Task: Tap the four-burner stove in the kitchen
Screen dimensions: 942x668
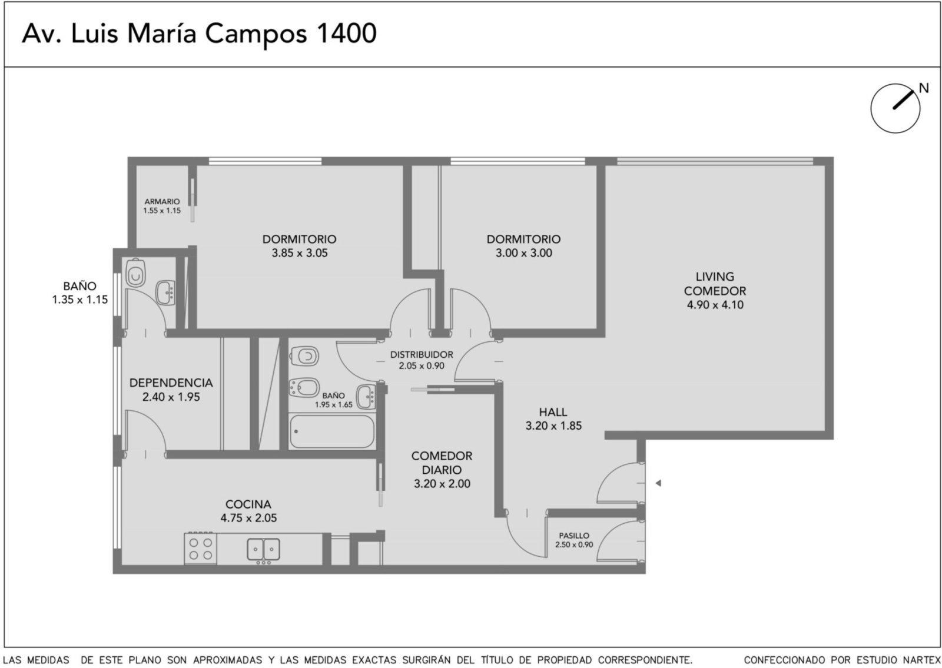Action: (x=201, y=549)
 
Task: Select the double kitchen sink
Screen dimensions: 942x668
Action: (x=263, y=550)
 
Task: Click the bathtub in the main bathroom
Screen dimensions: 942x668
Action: (x=332, y=431)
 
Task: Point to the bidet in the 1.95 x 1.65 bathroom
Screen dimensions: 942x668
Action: (x=304, y=387)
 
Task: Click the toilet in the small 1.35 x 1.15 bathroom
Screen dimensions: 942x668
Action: (x=135, y=273)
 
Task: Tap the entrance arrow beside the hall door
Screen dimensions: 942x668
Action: (x=658, y=483)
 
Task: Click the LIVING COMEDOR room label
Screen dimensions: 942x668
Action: (x=715, y=284)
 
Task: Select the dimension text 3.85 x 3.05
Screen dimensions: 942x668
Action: (x=300, y=253)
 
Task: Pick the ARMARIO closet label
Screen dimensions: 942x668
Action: (x=162, y=202)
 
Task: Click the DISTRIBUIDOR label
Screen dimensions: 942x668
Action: (x=422, y=354)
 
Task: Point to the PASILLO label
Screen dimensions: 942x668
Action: (x=574, y=536)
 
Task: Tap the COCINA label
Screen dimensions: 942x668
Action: (x=248, y=504)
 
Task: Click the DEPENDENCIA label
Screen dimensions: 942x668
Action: (x=171, y=383)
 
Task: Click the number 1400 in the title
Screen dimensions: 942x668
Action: (x=346, y=33)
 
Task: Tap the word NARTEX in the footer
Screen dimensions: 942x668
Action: (x=921, y=660)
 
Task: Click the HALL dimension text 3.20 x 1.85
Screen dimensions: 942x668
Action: (x=553, y=426)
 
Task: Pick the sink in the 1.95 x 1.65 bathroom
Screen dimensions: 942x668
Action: (x=366, y=397)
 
